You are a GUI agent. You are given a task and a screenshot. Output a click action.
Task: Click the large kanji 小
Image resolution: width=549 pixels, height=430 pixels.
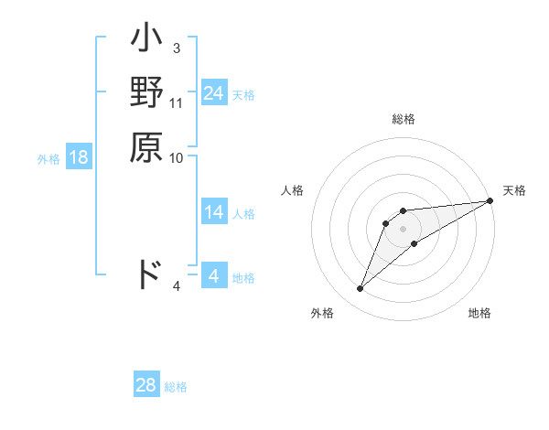tap(146, 42)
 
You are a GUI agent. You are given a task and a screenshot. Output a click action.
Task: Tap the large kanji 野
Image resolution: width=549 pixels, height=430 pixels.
tap(146, 94)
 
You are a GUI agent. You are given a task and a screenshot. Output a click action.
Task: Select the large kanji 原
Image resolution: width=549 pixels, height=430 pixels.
tap(146, 146)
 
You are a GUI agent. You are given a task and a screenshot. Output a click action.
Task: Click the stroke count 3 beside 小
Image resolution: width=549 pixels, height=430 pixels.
tap(176, 48)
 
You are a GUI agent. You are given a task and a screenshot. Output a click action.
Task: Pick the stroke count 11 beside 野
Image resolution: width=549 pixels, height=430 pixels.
tap(177, 102)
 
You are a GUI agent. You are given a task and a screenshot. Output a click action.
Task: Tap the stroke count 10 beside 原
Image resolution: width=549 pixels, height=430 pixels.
tap(177, 157)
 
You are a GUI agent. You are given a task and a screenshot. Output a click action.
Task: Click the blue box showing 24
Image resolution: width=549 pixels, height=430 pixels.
tap(214, 92)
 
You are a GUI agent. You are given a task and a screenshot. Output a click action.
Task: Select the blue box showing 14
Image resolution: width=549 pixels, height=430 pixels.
tap(214, 212)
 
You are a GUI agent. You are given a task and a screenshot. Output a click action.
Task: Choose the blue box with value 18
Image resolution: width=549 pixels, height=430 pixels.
tap(79, 157)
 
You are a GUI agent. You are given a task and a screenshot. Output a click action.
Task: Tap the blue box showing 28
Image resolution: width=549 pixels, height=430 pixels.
tap(146, 385)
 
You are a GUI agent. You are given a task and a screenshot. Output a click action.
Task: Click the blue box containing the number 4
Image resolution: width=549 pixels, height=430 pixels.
tap(214, 276)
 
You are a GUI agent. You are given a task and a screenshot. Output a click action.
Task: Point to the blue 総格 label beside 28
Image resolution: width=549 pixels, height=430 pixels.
tap(177, 387)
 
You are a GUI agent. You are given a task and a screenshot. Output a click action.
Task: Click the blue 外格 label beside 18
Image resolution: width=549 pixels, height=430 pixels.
tap(48, 158)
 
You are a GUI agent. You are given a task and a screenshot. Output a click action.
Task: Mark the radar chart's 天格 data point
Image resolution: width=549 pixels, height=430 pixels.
tap(490, 201)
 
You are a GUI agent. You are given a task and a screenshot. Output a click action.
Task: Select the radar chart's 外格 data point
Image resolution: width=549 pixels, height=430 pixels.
tap(360, 289)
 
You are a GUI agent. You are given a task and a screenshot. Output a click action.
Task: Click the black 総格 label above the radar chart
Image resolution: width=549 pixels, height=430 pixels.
tap(404, 119)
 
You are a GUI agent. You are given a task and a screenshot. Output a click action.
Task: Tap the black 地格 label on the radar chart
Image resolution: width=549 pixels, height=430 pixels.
tap(479, 313)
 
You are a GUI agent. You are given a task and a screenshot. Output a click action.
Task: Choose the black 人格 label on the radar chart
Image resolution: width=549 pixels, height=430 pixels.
tap(293, 190)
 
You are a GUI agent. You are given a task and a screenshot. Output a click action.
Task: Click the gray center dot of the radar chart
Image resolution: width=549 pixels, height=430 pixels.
tap(403, 229)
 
